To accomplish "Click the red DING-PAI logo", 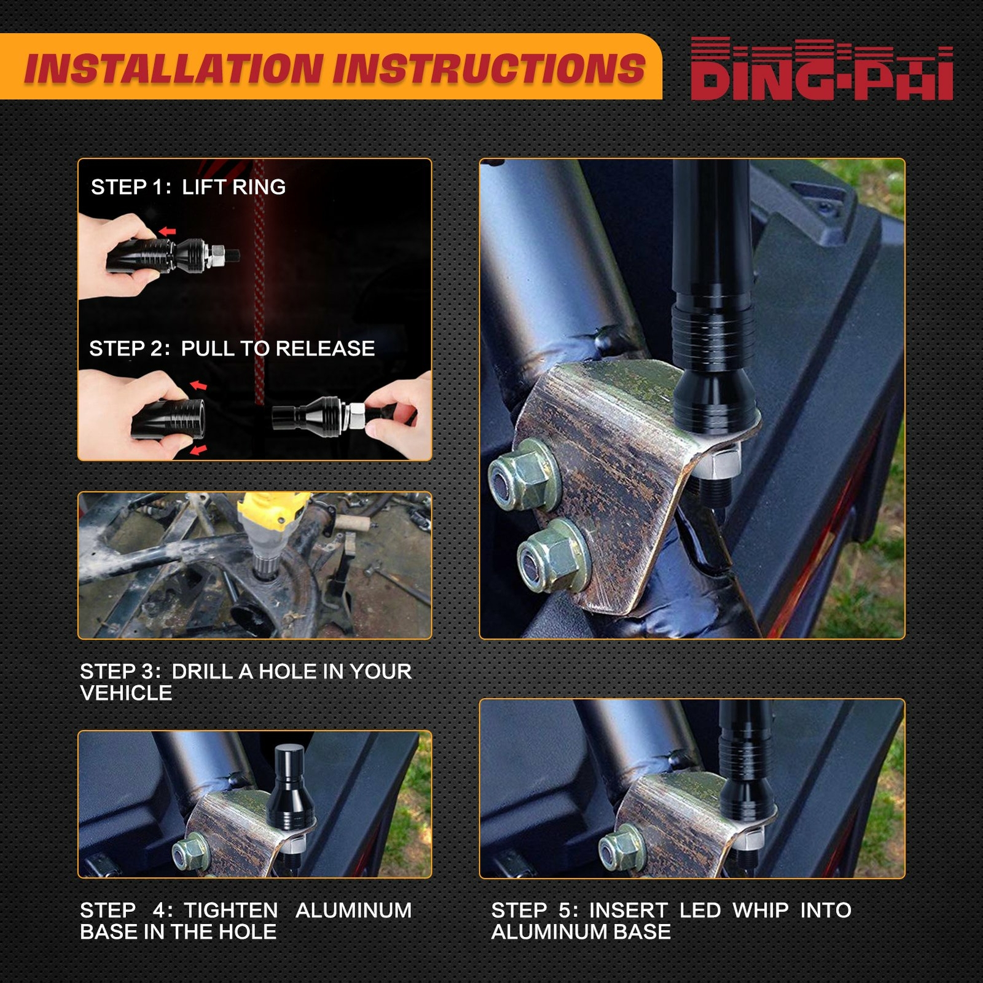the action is [822, 69].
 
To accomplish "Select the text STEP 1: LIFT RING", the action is [188, 187].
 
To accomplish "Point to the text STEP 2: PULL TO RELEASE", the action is [232, 348].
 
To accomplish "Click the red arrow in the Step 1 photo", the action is [168, 232].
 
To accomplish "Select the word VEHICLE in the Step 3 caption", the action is [126, 693].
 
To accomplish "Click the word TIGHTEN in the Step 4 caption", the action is [231, 910].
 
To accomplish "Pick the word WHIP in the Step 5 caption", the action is [761, 910].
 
